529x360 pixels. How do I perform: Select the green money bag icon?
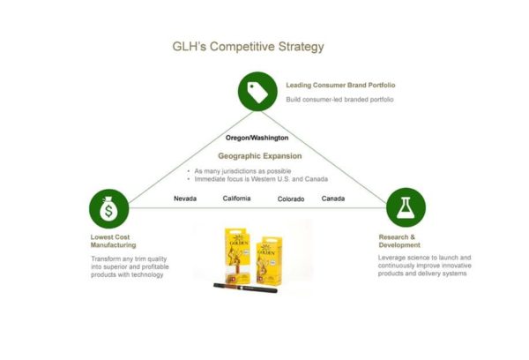click(x=108, y=209)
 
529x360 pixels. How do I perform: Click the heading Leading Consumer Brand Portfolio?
click(x=340, y=86)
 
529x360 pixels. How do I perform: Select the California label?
click(x=236, y=199)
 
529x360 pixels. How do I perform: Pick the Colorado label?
click(x=291, y=199)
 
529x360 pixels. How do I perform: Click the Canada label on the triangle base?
click(x=333, y=199)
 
